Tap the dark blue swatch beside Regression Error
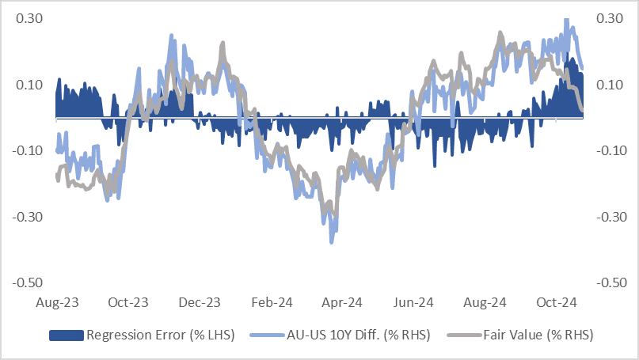(x=68, y=335)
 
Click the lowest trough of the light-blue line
(x=332, y=241)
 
